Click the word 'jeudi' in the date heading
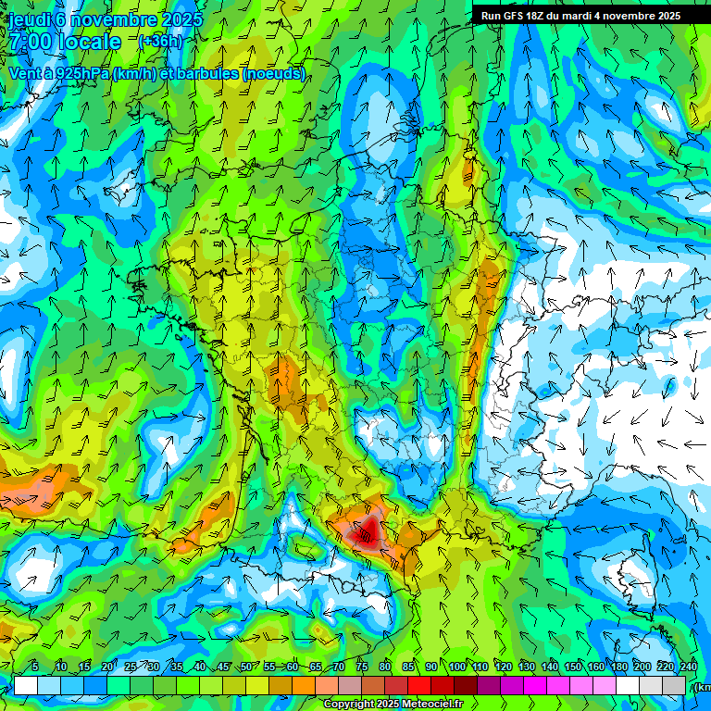[x=30, y=19]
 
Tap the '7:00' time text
[x=31, y=43]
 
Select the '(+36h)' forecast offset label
[x=160, y=42]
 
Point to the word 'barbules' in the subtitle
[x=204, y=73]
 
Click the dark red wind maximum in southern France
[x=368, y=532]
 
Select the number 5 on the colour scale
[x=35, y=667]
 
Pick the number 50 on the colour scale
[x=245, y=667]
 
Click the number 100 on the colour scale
[x=457, y=667]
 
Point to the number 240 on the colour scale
[x=688, y=667]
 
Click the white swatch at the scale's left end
[x=26, y=685]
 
